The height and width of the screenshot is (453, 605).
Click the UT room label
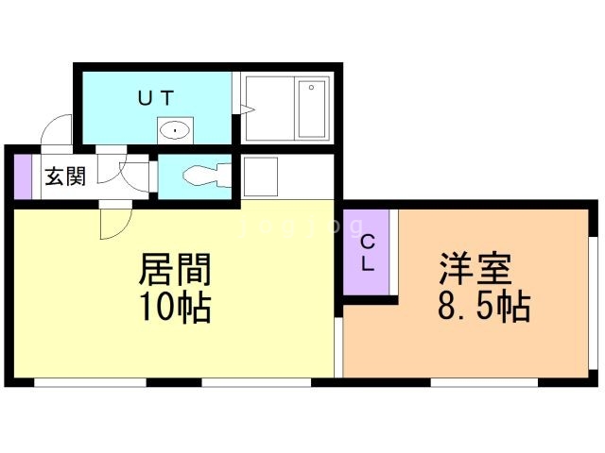pos(156,98)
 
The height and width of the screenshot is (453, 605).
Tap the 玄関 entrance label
pos(65,176)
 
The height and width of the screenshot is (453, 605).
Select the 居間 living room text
pos(175,269)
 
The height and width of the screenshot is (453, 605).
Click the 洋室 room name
pos(476,268)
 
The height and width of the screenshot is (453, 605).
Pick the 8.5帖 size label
pos(484,308)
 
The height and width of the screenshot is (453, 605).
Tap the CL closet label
pos(368,253)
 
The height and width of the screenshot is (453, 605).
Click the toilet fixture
pos(207,176)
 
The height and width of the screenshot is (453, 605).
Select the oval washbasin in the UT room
pos(175,130)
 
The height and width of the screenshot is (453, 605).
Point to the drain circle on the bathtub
pos(311,88)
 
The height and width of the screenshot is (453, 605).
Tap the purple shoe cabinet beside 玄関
pos(23,176)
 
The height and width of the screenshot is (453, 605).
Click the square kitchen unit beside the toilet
pos(261,176)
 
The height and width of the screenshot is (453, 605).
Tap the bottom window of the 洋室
pos(484,382)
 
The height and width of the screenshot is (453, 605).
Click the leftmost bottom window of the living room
pos(91,382)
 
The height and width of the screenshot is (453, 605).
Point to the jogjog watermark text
pos(301,226)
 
